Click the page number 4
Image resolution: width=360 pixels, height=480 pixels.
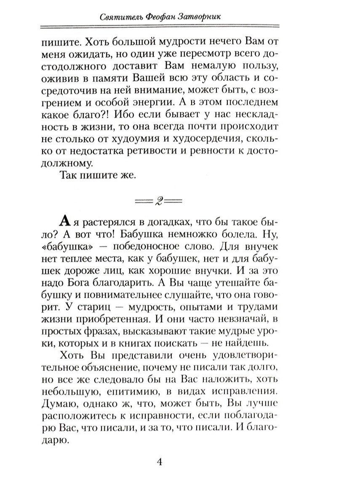[x=159, y=463]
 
